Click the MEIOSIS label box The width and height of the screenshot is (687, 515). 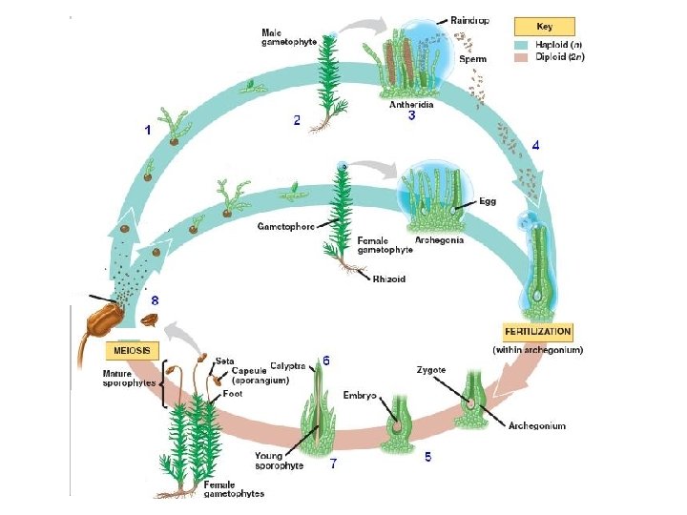coord(134,350)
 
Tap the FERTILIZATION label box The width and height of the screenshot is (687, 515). coord(537,332)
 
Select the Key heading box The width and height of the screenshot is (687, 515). coord(545,28)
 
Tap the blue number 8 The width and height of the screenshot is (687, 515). coord(156,299)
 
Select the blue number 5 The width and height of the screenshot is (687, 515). coord(427,457)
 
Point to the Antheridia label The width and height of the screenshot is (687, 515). coord(411,105)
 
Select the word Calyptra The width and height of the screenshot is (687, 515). coord(287,365)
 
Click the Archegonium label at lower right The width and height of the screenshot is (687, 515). coord(536,425)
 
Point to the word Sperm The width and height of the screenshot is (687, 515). coord(472,59)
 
